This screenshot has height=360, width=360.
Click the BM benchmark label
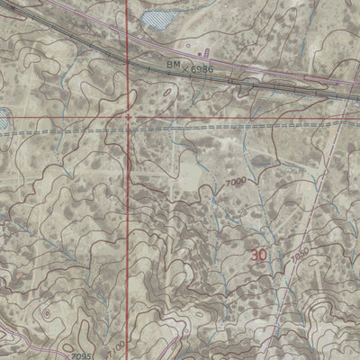tap(174, 66)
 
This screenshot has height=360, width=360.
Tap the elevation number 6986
tap(204, 67)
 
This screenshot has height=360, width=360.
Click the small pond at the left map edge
tap(4, 116)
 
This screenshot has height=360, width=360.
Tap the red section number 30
tap(259, 256)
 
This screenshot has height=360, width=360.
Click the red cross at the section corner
tap(129, 117)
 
